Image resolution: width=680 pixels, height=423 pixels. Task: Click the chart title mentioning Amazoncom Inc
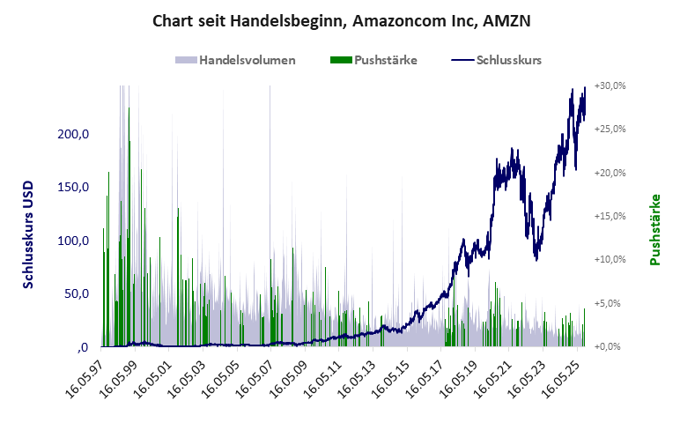(341, 19)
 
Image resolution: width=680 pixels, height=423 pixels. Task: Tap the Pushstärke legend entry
(373, 60)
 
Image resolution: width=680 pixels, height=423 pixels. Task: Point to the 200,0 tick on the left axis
(73, 135)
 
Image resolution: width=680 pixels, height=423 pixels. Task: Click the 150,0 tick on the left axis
(73, 188)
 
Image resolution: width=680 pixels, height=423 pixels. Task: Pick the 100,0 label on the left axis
(73, 241)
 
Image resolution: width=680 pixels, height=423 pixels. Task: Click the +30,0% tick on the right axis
(610, 86)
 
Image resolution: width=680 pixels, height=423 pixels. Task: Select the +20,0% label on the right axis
(610, 173)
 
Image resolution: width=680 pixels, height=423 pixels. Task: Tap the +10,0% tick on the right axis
(610, 260)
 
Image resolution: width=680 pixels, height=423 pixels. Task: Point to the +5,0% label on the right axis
(611, 303)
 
